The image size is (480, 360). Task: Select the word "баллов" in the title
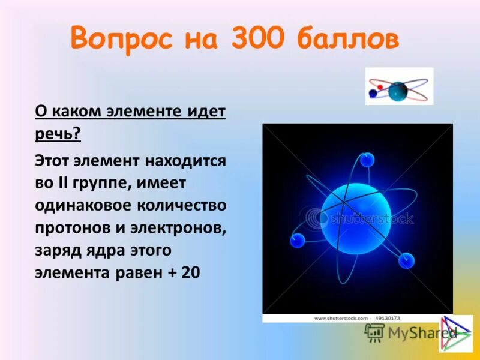point(346,40)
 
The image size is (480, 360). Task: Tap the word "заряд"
point(56,250)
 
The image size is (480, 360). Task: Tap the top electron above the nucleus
point(367,160)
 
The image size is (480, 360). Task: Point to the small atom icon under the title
point(399,87)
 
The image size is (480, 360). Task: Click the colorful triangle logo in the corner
point(456,333)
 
